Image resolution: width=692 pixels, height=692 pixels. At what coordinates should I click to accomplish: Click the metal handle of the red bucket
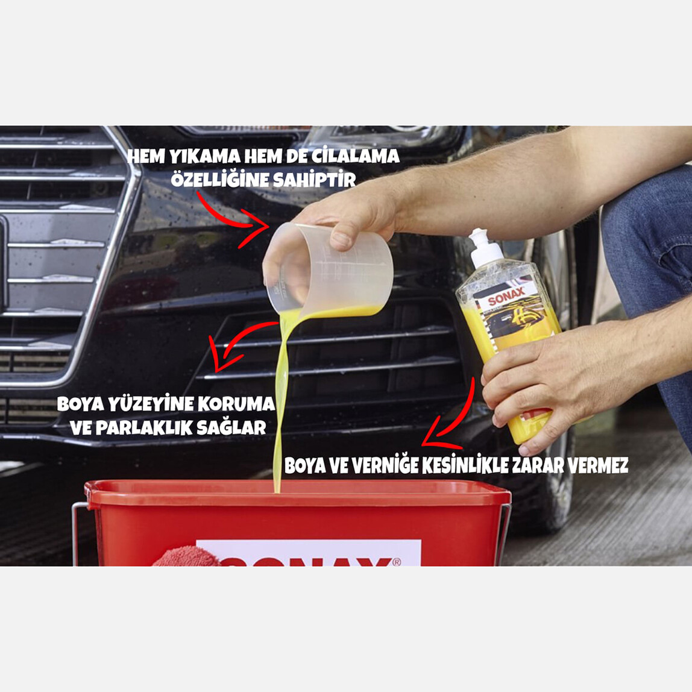[x=77, y=530]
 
